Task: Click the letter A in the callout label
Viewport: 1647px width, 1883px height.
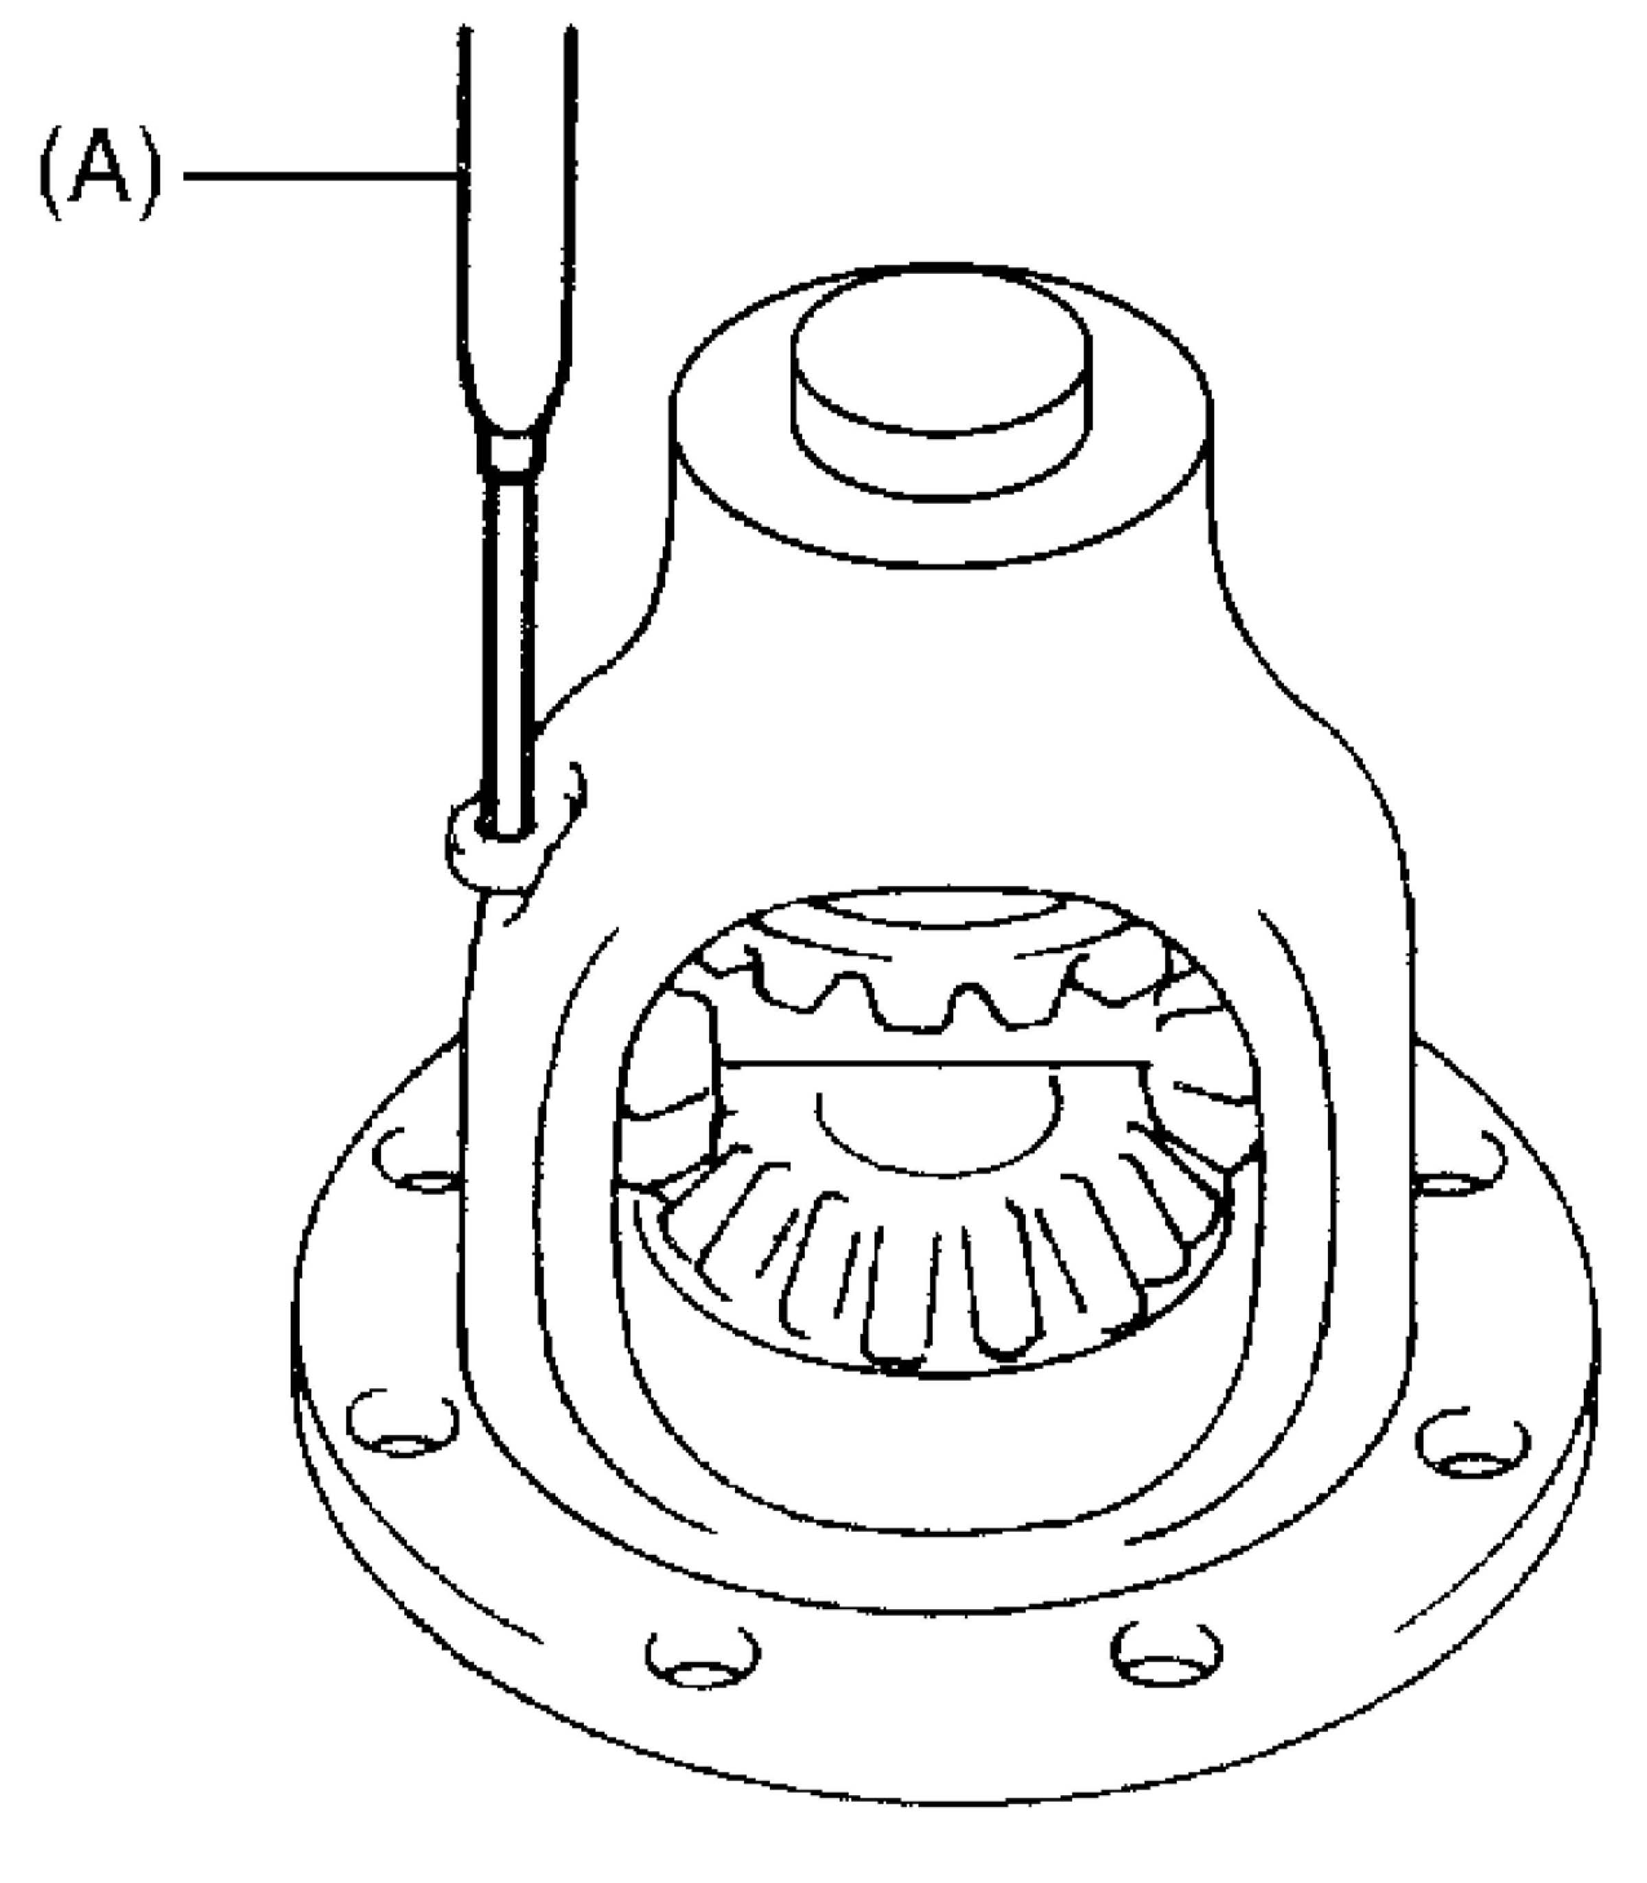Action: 100,174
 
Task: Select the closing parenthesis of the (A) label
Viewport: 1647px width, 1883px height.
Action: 149,174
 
